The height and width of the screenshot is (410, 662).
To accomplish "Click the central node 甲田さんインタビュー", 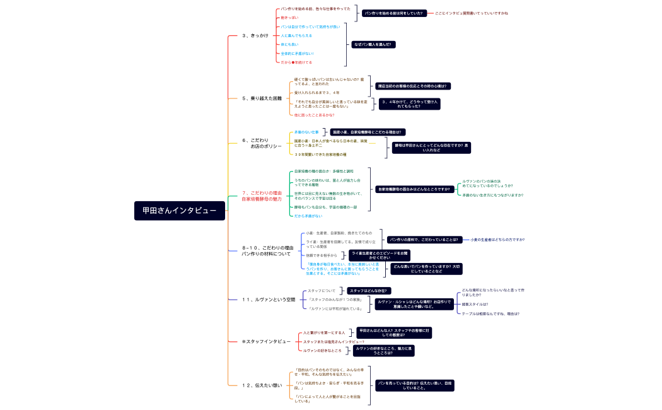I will (179, 211).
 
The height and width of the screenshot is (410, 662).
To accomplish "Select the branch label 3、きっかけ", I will (255, 35).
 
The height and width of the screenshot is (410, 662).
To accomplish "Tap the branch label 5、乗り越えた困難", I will (262, 98).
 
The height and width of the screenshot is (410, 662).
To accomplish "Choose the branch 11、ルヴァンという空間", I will (269, 300).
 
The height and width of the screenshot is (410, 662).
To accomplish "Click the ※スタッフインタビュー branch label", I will (266, 341).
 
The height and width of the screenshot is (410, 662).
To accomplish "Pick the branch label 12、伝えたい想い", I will (262, 385).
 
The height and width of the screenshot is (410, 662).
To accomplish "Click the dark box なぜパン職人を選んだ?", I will (373, 44).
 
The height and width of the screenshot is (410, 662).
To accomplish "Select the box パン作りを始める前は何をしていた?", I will (393, 13).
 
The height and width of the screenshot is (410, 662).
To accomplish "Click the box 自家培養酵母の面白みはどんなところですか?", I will (414, 189).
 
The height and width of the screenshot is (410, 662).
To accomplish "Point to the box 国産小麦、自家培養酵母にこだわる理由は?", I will (368, 132).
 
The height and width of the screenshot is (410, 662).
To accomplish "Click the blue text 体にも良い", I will (290, 44).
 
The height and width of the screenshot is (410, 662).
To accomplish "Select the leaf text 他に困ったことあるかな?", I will (314, 115).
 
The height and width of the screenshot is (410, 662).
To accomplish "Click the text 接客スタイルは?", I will (475, 304).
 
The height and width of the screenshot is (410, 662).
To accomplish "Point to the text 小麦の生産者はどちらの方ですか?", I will (497, 240).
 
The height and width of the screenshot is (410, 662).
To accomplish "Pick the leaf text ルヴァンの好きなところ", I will (322, 350).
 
